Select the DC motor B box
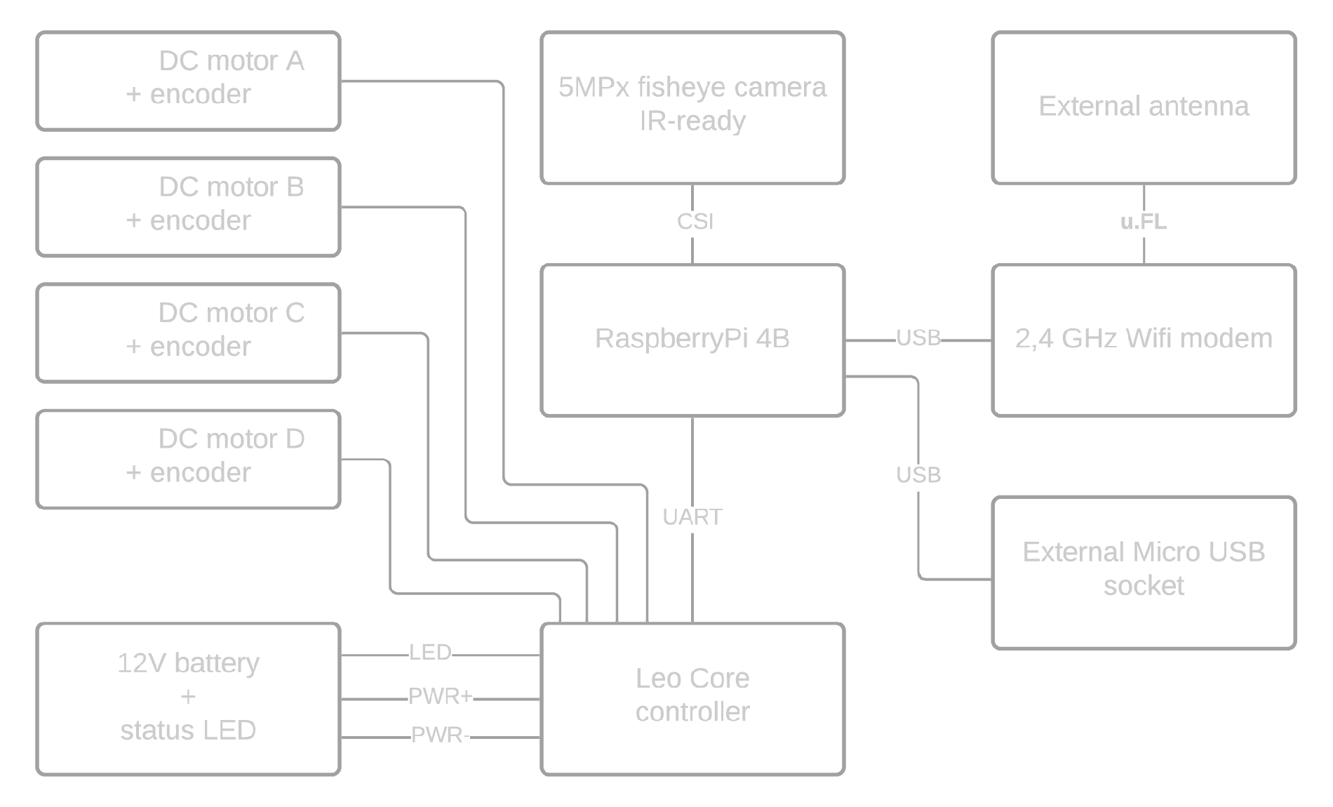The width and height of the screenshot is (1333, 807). click(188, 205)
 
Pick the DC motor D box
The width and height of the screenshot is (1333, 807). click(188, 458)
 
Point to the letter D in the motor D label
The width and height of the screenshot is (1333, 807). click(297, 439)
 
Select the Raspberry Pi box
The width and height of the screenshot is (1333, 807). click(692, 339)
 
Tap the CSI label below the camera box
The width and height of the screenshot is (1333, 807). click(692, 221)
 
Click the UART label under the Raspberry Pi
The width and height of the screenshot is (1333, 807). click(692, 518)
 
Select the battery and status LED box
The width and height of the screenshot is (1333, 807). click(188, 698)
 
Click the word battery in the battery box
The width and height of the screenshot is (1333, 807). click(217, 664)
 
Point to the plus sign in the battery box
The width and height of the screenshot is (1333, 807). click(188, 697)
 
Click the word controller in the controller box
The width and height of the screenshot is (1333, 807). click(692, 712)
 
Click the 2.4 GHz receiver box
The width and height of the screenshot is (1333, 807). click(1144, 339)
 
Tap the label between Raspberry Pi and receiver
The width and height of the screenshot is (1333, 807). click(918, 338)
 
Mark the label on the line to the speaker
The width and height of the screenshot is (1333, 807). click(917, 475)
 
